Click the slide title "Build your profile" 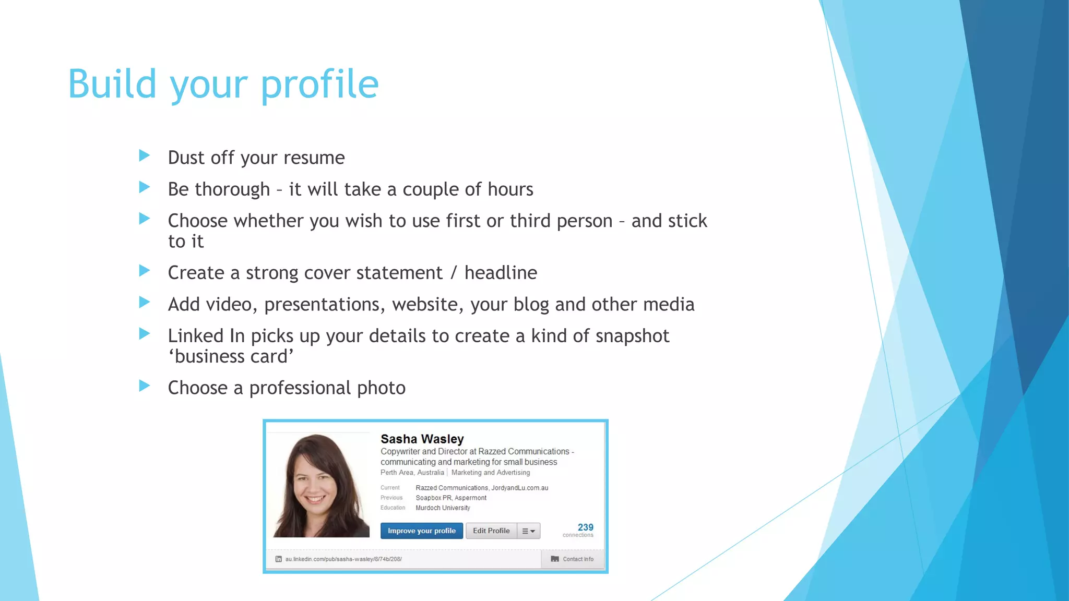click(223, 85)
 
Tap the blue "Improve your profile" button click(421, 531)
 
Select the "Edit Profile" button click(491, 531)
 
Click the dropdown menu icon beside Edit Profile click(529, 531)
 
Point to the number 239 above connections click(585, 527)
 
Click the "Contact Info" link click(578, 559)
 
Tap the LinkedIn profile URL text click(343, 559)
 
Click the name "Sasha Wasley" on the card click(422, 439)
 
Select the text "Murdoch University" click(443, 508)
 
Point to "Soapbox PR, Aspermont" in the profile click(451, 498)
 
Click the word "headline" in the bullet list click(501, 273)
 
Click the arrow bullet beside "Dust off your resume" click(145, 155)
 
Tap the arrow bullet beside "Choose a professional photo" click(145, 386)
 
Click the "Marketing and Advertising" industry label click(490, 473)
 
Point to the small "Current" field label click(390, 488)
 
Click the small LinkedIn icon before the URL click(279, 559)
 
